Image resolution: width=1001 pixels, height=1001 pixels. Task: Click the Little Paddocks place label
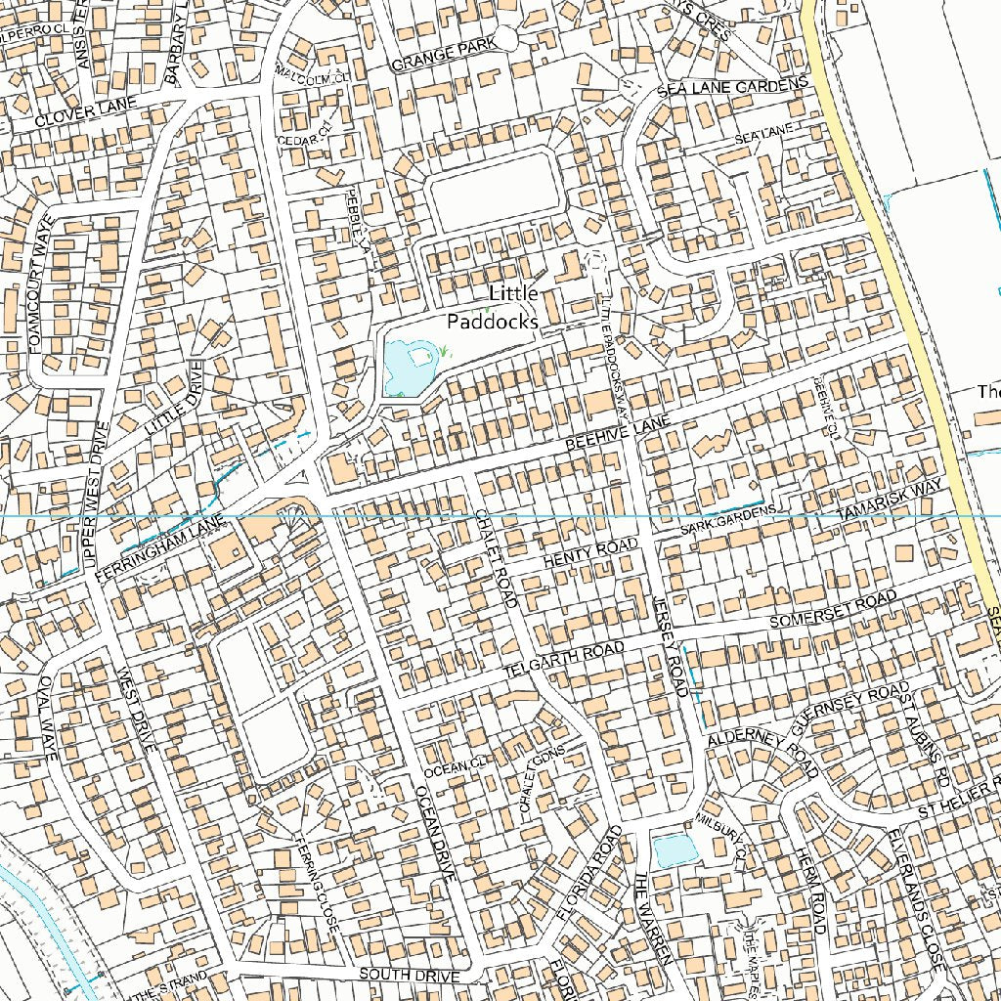pyautogui.click(x=494, y=307)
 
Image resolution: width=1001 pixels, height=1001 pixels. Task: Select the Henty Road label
pyautogui.click(x=589, y=551)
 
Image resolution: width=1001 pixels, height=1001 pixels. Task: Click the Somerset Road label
pyautogui.click(x=832, y=609)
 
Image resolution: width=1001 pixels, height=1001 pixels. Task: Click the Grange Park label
pyautogui.click(x=438, y=57)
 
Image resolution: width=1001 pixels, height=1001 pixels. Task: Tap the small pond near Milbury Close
pyautogui.click(x=675, y=850)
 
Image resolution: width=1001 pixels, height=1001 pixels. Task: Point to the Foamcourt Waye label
pyautogui.click(x=39, y=299)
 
